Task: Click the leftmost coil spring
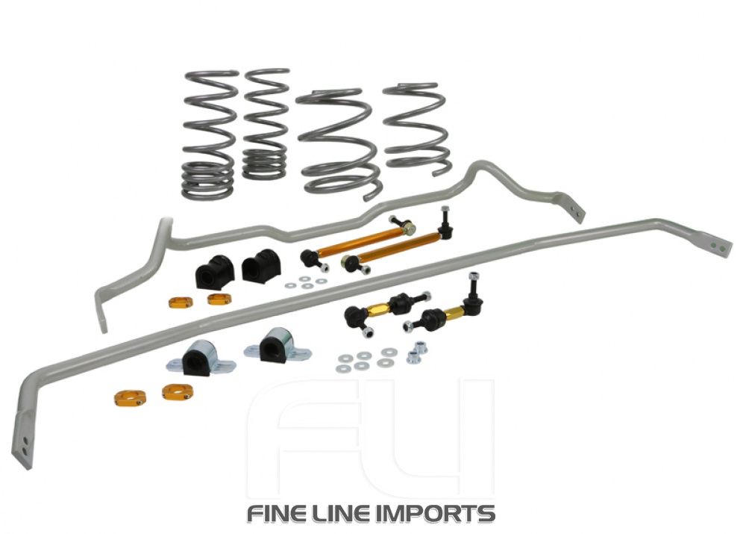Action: pos(209,134)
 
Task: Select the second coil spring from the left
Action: pos(265,123)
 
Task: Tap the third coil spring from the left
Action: pos(339,142)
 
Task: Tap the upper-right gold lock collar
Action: pos(219,299)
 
